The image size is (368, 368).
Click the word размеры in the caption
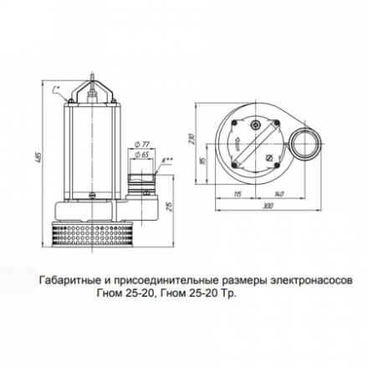238,281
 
